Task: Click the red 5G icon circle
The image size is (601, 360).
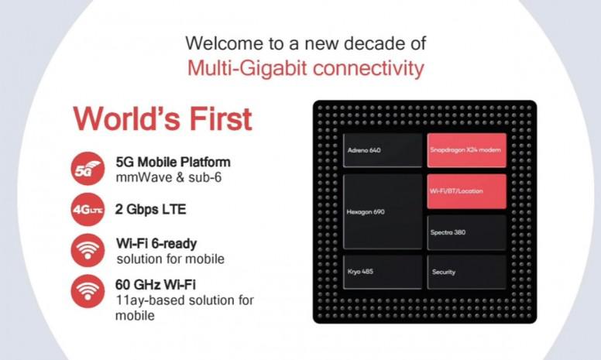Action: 88,169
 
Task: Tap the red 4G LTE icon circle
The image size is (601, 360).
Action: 88,210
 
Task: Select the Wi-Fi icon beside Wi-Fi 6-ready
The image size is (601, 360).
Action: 88,251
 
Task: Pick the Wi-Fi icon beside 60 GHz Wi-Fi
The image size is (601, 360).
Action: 88,291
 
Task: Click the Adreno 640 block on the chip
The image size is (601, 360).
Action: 383,150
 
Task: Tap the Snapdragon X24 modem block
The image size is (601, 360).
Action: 467,150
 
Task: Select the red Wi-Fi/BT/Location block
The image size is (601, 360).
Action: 467,191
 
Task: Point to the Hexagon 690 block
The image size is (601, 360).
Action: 383,212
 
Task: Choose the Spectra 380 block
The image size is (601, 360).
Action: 467,232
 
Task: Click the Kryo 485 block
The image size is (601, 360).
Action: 383,272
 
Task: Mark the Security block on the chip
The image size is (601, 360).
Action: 467,272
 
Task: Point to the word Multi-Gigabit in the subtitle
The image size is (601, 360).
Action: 247,69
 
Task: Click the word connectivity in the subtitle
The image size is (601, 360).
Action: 369,68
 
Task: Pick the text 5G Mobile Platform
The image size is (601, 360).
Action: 173,163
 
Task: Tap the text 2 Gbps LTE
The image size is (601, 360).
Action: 150,210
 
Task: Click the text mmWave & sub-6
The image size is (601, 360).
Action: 169,178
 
